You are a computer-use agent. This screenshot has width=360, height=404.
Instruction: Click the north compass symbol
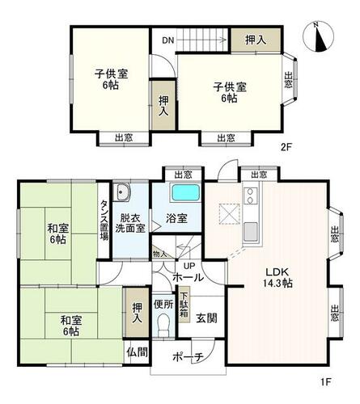319,37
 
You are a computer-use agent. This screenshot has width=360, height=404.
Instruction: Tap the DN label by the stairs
168,40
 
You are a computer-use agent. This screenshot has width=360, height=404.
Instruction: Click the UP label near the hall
189,266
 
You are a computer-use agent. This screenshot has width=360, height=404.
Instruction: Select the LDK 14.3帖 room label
278,277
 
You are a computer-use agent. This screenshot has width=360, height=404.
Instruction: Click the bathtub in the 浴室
186,192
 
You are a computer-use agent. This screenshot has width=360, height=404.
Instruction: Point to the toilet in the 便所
163,326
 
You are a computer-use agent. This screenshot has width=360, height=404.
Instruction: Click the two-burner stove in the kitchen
251,196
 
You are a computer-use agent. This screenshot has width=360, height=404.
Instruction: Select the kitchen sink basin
251,232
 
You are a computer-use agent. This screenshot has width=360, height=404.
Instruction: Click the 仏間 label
138,352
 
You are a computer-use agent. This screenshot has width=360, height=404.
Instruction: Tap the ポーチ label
188,357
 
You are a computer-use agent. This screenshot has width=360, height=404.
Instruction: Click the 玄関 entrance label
206,318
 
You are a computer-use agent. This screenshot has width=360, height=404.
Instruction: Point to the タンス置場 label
104,220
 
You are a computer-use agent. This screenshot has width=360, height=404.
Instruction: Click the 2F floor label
286,147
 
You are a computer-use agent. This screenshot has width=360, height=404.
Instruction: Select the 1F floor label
326,382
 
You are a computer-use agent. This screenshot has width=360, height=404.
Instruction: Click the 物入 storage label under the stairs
159,254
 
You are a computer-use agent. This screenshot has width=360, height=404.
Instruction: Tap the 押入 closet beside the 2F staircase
256,40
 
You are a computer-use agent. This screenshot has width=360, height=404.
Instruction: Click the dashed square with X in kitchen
230,214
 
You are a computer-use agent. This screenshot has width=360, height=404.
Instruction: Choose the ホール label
188,277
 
